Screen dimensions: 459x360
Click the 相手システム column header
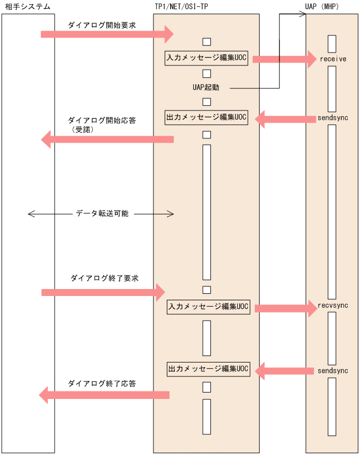point(28,6)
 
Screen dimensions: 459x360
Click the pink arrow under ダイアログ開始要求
point(107,34)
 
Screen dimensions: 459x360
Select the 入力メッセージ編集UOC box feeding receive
point(207,58)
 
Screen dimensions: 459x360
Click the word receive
point(333,58)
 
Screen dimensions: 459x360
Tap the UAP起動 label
point(206,87)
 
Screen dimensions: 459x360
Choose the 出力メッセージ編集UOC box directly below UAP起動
point(207,117)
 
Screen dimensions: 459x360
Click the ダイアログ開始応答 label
point(101,121)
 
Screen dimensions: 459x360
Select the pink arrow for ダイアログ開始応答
point(107,139)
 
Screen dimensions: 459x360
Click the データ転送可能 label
point(101,213)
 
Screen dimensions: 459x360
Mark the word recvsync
point(333,305)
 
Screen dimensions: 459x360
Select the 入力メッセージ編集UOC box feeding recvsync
point(208,307)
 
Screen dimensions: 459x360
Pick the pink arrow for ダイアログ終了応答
point(105,395)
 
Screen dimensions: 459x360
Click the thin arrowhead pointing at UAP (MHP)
point(302,14)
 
